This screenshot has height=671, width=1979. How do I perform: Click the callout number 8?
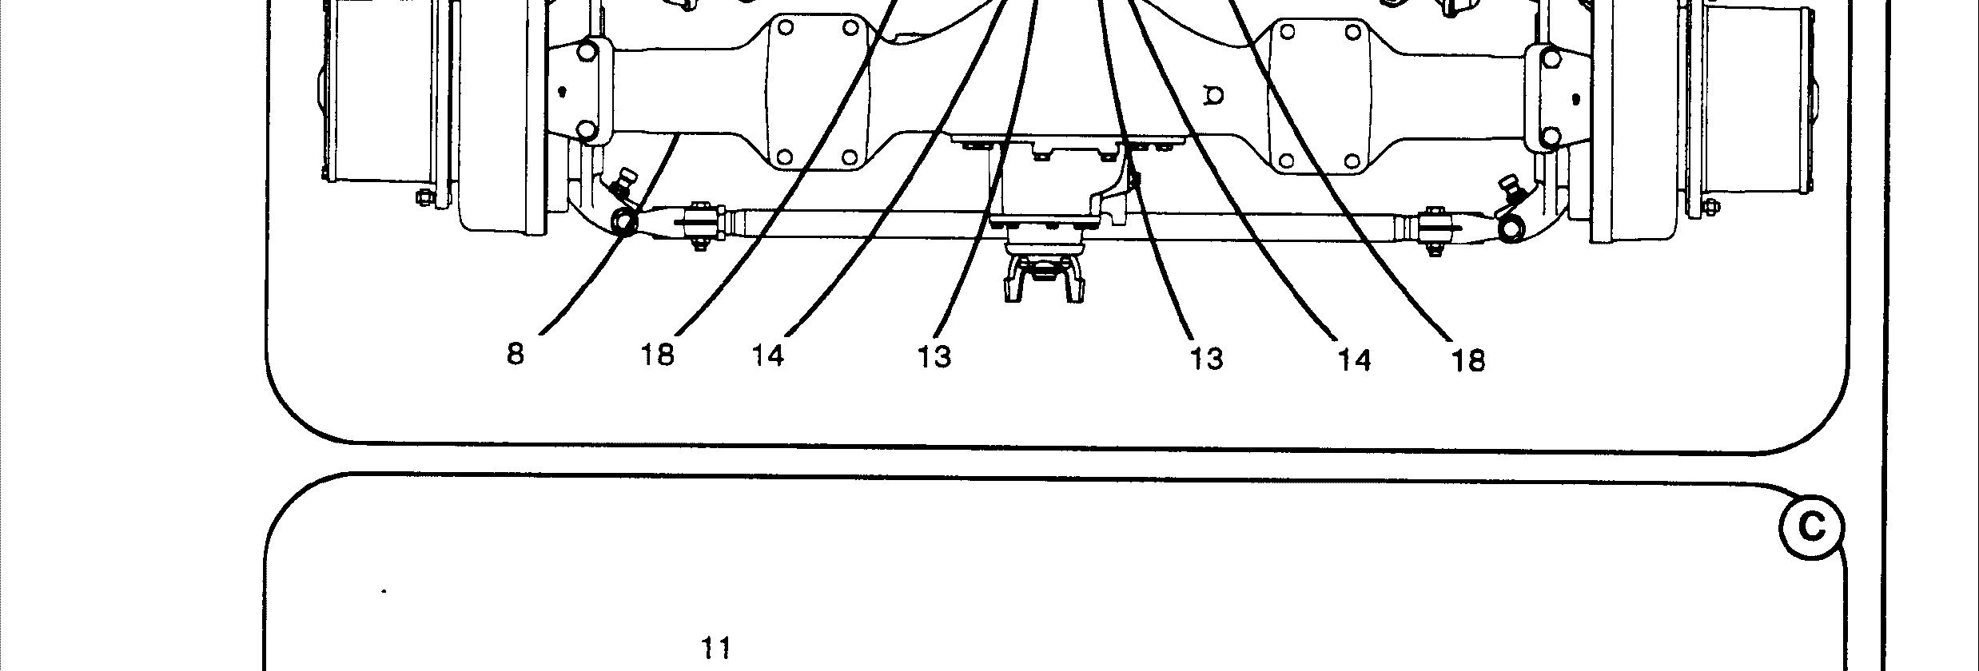click(516, 353)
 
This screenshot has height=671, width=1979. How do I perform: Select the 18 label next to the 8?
click(658, 354)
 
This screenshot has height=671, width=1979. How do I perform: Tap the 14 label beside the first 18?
click(768, 355)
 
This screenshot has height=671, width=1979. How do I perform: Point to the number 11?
click(716, 647)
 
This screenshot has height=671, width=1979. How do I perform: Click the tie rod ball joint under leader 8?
click(625, 221)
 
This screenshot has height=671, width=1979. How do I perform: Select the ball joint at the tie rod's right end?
click(1510, 229)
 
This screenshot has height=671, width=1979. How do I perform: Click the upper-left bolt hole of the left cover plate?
click(785, 29)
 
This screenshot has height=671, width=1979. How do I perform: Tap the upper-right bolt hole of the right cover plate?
click(1352, 34)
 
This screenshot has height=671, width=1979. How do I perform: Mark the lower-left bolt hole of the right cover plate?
click(1286, 161)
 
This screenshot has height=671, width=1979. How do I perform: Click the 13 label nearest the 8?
click(934, 357)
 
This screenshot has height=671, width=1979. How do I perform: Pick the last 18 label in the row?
click(1467, 361)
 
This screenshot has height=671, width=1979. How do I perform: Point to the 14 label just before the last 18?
click(1355, 360)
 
